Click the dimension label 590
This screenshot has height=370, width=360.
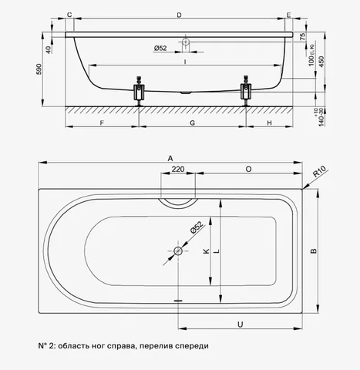point(39,69)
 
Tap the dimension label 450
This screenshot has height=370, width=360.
point(321,62)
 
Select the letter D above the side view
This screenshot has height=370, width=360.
point(179,15)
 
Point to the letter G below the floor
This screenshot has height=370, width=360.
point(192,123)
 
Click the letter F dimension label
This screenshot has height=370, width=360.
point(102,123)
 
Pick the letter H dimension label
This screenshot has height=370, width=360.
point(269,123)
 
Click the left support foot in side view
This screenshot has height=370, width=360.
point(139,91)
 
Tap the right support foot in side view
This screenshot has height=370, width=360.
point(246,91)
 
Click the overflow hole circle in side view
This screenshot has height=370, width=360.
point(186,42)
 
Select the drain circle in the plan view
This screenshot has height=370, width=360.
point(178,251)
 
